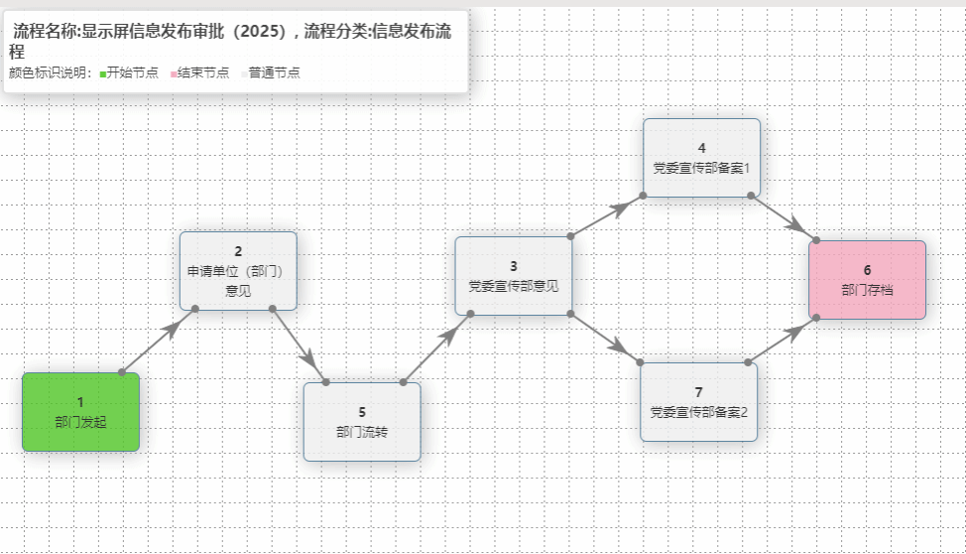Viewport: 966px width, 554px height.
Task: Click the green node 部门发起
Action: tap(80, 412)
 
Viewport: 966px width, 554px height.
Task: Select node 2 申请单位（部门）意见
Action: tap(238, 271)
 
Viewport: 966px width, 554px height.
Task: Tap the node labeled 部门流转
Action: tap(362, 422)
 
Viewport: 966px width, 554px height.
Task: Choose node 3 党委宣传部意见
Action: tap(513, 276)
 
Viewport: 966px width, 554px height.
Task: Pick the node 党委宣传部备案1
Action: tap(701, 158)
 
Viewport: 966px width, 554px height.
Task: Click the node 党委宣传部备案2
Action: tap(698, 401)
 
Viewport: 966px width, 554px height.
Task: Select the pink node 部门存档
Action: tap(867, 280)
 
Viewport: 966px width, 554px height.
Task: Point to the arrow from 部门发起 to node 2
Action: tap(158, 341)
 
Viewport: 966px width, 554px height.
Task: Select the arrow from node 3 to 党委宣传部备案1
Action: tap(606, 216)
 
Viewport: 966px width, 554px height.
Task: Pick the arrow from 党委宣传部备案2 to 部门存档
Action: tap(782, 340)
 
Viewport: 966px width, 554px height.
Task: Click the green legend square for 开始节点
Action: tap(103, 73)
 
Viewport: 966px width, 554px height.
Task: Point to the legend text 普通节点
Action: tap(275, 72)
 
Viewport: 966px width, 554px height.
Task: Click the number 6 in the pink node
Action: tap(867, 270)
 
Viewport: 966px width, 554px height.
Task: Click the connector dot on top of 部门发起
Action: tap(122, 372)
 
